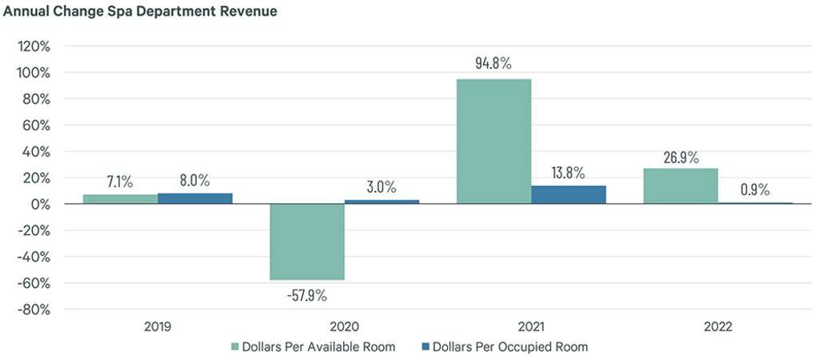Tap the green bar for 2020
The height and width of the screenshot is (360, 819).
pos(307,242)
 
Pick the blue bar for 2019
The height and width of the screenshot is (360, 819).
pos(195,198)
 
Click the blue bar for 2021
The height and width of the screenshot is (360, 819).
pos(569,195)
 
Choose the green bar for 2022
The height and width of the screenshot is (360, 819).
pos(681,186)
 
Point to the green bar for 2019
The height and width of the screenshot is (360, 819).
pos(120,199)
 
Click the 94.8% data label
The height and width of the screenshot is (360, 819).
pos(493,62)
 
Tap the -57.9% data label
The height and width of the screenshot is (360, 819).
pos(307,295)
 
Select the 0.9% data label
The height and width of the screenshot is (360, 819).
pos(755,190)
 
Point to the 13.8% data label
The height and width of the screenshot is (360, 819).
pos(569,172)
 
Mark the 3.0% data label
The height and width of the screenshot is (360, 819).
pos(382,186)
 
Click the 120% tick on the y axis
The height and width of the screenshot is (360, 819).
pos(34,46)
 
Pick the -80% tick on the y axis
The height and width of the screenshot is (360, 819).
pos(32,310)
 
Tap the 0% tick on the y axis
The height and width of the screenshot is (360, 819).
pos(39,204)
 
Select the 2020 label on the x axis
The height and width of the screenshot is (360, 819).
pos(344,327)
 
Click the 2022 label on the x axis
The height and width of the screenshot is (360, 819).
pos(717,327)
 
